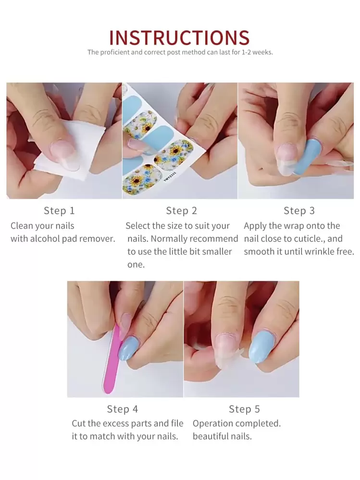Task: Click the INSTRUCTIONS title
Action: tap(179, 38)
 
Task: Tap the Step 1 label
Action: tap(59, 210)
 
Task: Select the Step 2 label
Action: tap(181, 210)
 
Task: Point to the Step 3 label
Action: tap(299, 210)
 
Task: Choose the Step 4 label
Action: tap(122, 409)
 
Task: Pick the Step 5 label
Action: tap(244, 409)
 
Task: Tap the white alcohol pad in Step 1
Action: tap(72, 149)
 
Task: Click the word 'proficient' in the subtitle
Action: tap(115, 52)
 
